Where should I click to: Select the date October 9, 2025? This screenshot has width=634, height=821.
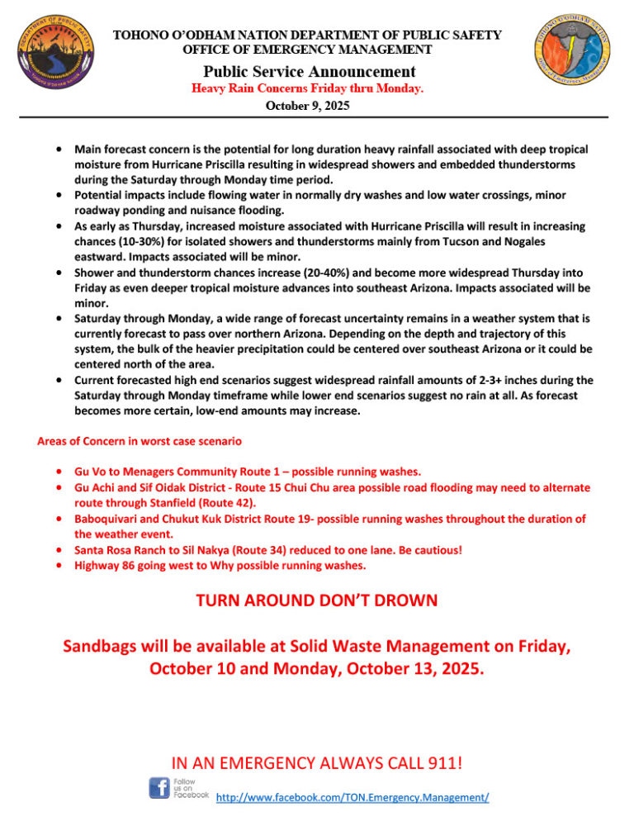[308, 106]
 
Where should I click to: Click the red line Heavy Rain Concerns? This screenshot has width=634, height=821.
[307, 88]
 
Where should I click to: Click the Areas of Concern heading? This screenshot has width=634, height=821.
[139, 441]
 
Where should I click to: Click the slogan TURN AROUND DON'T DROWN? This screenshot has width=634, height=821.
[316, 601]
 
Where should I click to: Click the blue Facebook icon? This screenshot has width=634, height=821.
[159, 788]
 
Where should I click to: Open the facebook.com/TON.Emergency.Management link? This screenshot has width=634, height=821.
[352, 798]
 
